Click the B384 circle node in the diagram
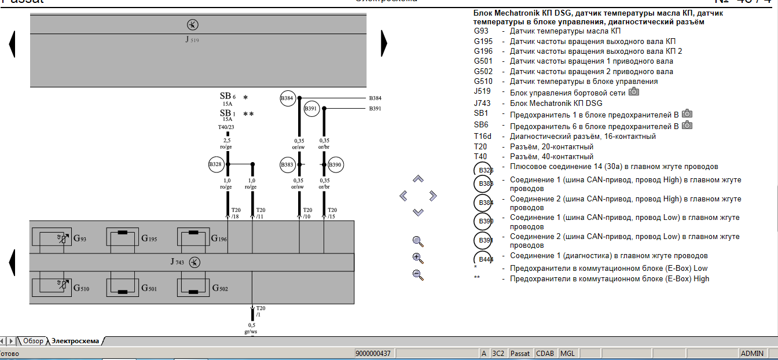[x=288, y=98]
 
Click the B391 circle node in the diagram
[x=311, y=108]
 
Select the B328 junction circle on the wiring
[x=215, y=165]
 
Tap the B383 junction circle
[x=288, y=165]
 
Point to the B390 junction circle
[x=335, y=165]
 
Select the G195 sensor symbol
[x=122, y=238]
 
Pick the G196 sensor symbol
[x=193, y=238]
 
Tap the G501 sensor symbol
[x=122, y=288]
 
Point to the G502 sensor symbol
[x=193, y=288]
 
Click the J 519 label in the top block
[x=192, y=40]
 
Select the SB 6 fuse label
[x=227, y=96]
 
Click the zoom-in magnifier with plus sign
[x=418, y=258]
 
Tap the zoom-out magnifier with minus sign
[x=418, y=275]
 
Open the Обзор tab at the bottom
[x=33, y=341]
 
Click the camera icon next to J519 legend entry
[x=634, y=92]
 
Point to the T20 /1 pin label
[x=260, y=311]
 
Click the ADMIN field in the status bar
[x=752, y=354]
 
